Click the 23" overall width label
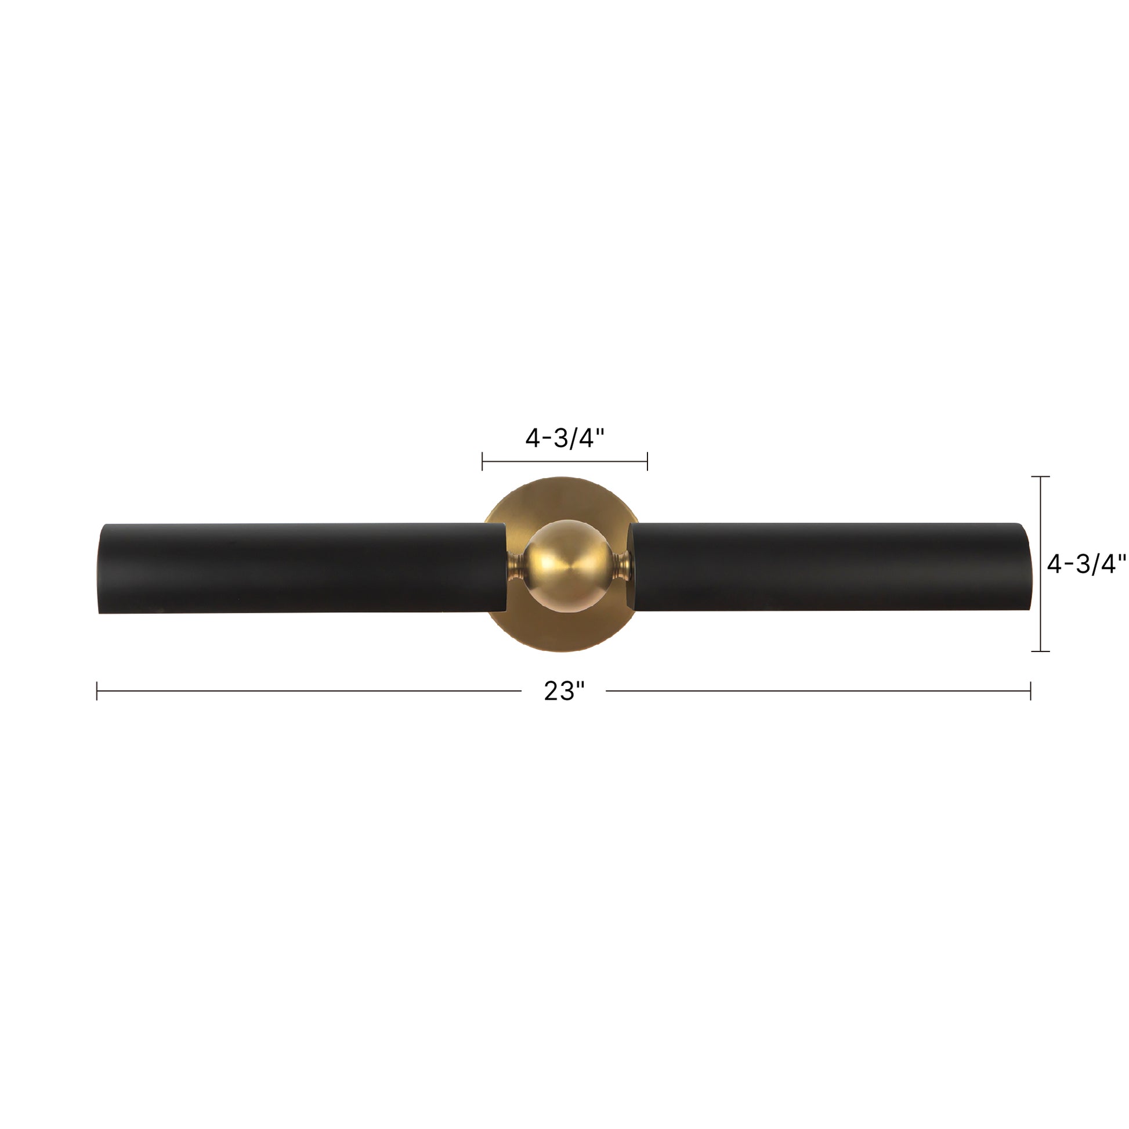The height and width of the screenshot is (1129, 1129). point(564,692)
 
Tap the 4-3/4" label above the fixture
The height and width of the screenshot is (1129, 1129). point(564,438)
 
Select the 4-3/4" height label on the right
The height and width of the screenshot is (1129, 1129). point(1085,564)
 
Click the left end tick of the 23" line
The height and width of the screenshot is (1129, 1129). point(97,691)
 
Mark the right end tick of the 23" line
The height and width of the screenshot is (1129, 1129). point(1030,691)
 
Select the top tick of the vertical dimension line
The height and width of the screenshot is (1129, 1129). point(1040,477)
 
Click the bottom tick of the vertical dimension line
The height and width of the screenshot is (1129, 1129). point(1040,651)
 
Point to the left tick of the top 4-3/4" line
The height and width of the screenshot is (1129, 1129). point(482,461)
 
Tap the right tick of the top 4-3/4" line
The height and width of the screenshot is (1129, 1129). point(647,461)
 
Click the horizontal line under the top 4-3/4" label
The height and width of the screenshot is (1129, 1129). point(564,461)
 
